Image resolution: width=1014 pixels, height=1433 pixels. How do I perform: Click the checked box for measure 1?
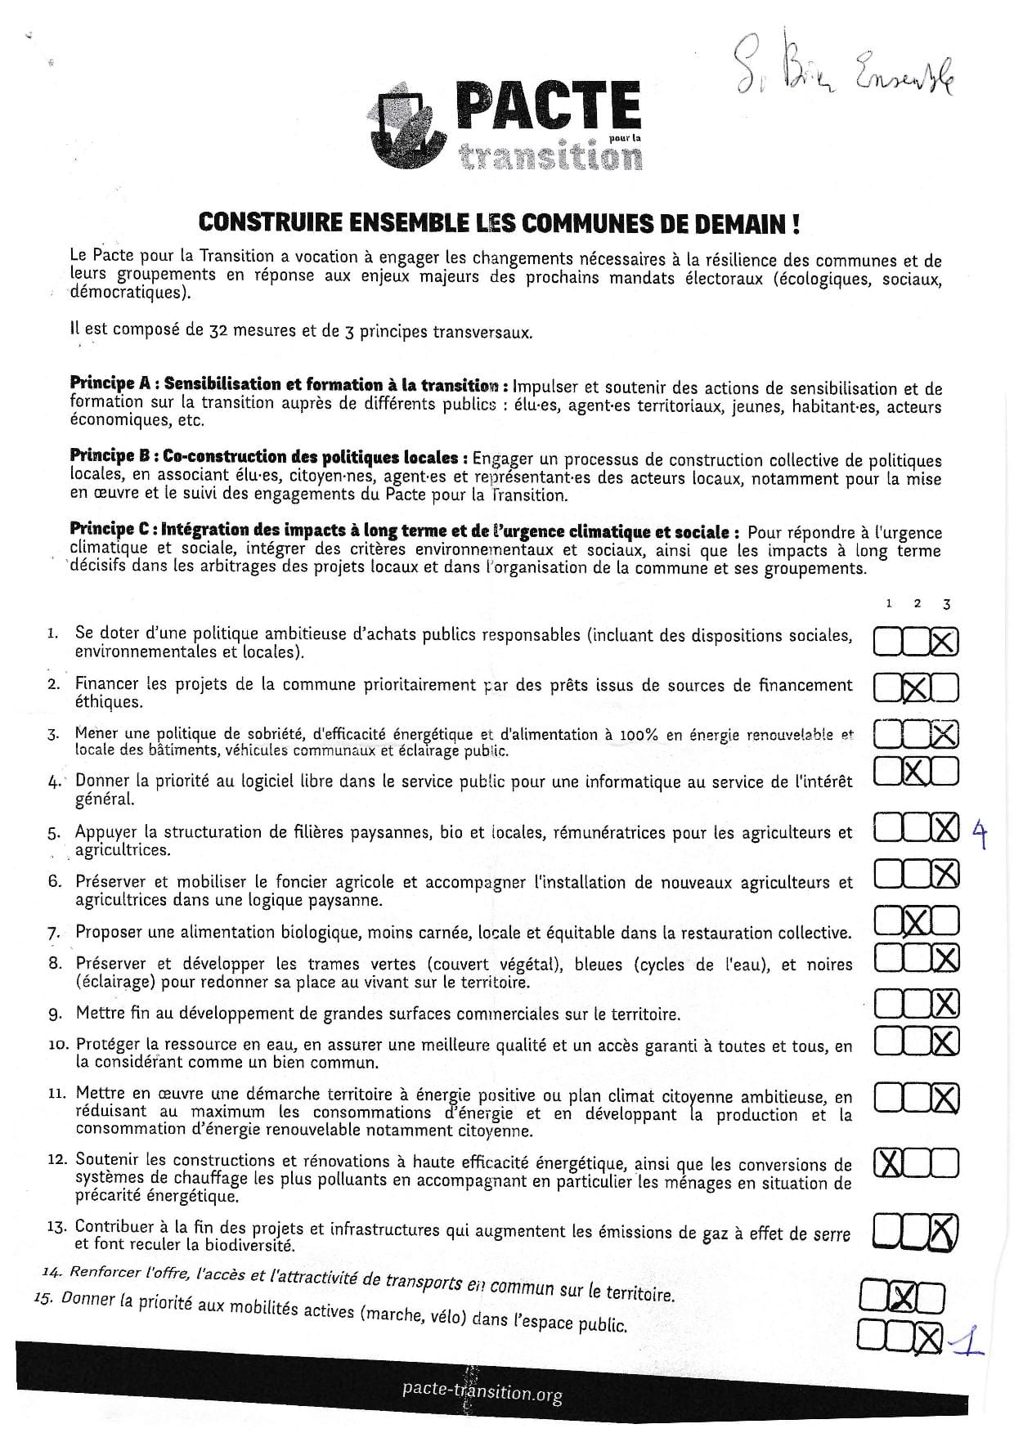coord(944,643)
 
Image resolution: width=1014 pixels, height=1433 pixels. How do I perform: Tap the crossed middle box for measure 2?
coord(916,690)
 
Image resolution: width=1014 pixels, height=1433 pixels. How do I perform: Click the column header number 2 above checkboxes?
coord(917,603)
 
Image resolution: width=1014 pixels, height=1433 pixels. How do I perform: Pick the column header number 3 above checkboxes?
coord(946,604)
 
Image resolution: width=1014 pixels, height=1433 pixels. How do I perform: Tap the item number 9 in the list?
coord(55,1014)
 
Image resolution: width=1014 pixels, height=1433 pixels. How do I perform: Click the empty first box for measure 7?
coord(888,922)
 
